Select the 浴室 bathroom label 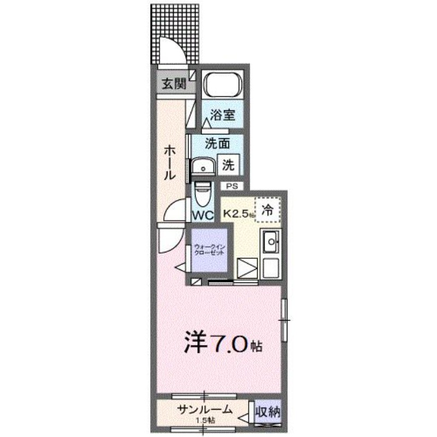223,115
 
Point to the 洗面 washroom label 216,144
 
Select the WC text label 203,215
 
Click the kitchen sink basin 270,241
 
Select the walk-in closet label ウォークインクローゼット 209,251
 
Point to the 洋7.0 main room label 223,344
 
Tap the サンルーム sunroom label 205,410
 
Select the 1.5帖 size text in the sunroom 205,420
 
